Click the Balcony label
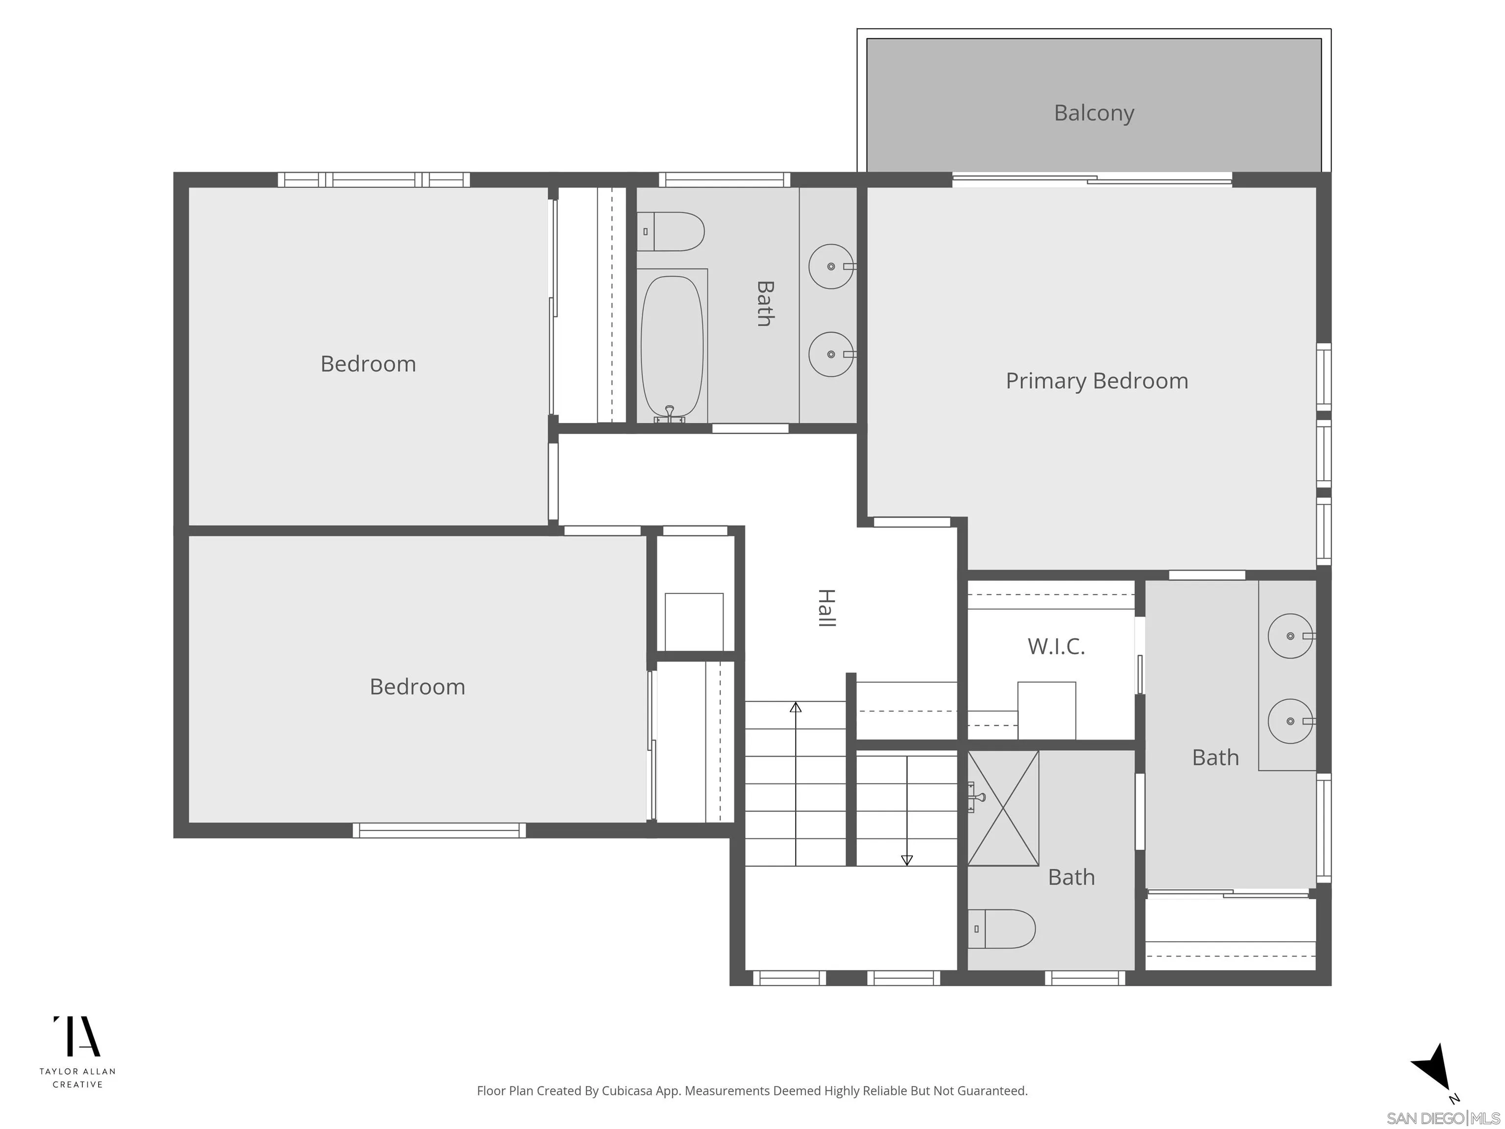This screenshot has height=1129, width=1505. pyautogui.click(x=1093, y=113)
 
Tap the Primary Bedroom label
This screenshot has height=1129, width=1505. pyautogui.click(x=1096, y=381)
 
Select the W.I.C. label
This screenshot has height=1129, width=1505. pyautogui.click(x=1055, y=646)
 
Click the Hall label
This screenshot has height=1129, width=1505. pyautogui.click(x=825, y=608)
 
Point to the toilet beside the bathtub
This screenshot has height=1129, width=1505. pyautogui.click(x=671, y=231)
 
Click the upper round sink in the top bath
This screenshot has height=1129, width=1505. pyautogui.click(x=831, y=266)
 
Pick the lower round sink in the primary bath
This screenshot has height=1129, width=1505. pyautogui.click(x=1290, y=721)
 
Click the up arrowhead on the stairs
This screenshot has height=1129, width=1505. pyautogui.click(x=795, y=707)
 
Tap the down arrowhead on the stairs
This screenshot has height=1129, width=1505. pyautogui.click(x=906, y=860)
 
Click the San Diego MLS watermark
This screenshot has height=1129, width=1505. pyautogui.click(x=1442, y=1118)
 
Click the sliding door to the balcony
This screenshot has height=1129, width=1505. pyautogui.click(x=1092, y=180)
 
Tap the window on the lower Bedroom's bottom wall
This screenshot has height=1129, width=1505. pyautogui.click(x=439, y=830)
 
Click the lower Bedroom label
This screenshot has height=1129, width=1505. pyautogui.click(x=417, y=687)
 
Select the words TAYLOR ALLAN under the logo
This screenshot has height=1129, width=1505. pyautogui.click(x=77, y=1071)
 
